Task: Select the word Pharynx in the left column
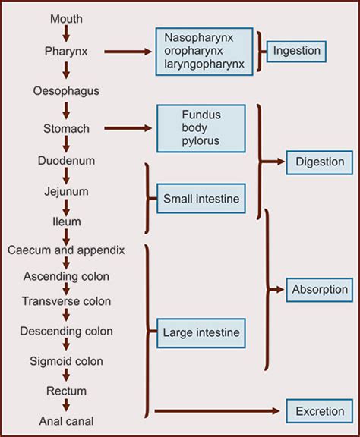point(67,52)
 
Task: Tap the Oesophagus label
point(67,91)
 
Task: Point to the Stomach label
point(67,127)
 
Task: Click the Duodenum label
point(67,162)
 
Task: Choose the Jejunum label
point(67,192)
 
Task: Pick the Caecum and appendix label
point(65,249)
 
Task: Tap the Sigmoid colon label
point(67,360)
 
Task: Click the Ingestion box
point(296,52)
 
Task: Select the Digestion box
point(318,162)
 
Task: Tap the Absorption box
point(319,289)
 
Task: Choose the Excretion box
point(318,411)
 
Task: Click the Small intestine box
point(201,199)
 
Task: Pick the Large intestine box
point(201,332)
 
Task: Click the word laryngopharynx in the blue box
point(204,64)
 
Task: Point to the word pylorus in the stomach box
point(200,142)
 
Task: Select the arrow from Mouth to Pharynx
point(67,34)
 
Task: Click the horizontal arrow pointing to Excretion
point(216,411)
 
